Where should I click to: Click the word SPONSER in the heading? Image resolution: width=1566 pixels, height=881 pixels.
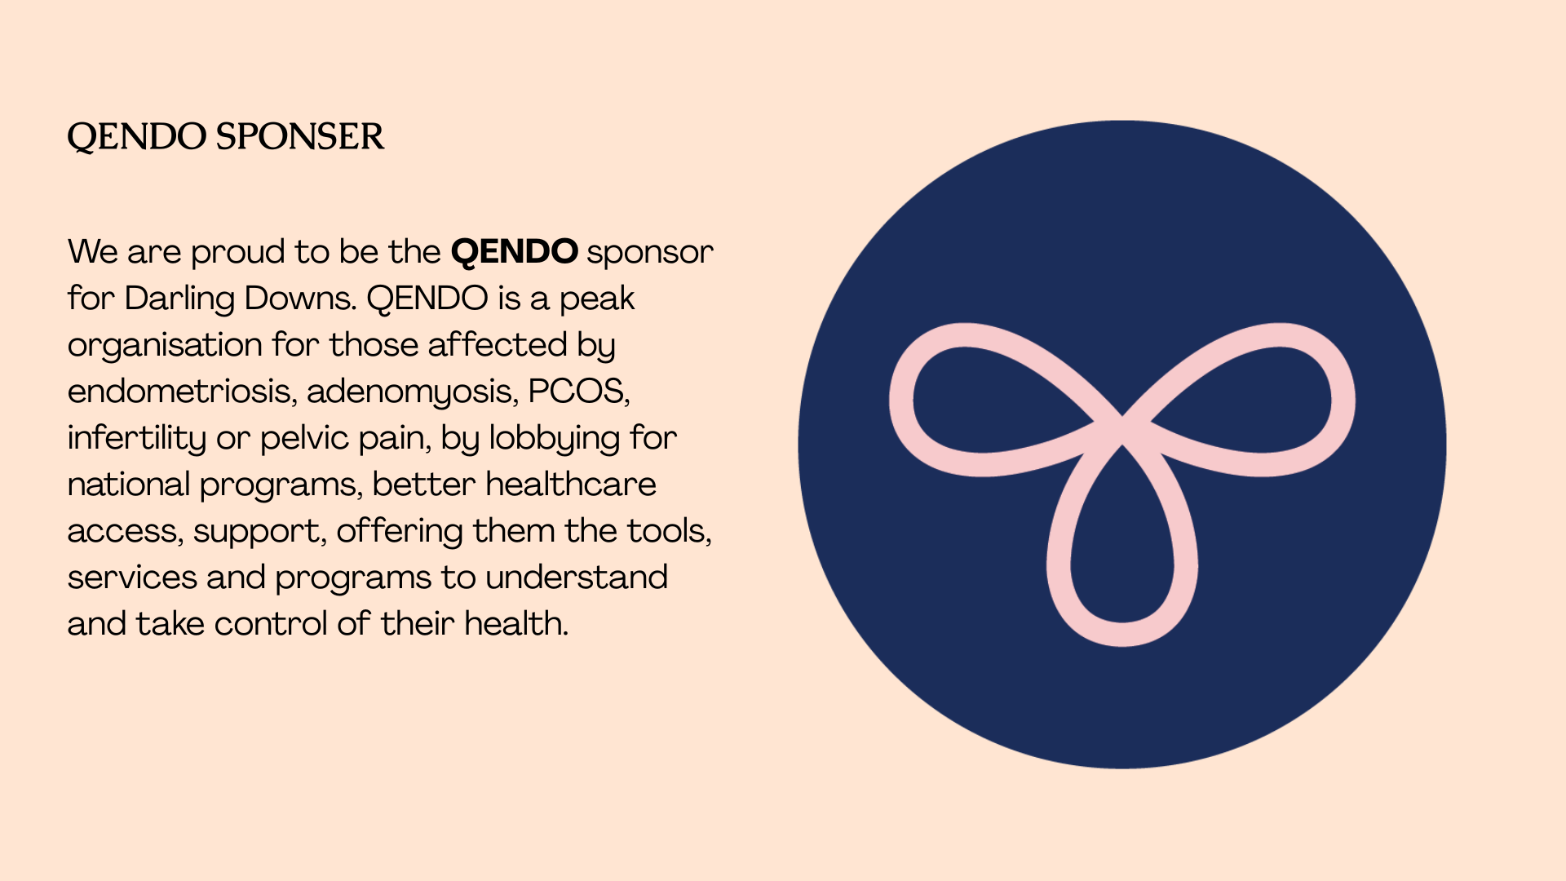(x=299, y=136)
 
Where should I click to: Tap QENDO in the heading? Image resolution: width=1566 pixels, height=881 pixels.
(x=136, y=138)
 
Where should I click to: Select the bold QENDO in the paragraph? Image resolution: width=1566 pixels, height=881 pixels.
(x=515, y=252)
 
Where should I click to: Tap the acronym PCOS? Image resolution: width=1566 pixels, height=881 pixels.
(x=578, y=392)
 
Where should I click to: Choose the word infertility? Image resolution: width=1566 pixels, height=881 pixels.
(x=137, y=439)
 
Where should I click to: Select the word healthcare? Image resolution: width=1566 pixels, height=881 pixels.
(x=571, y=485)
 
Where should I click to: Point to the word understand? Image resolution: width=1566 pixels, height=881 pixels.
(x=577, y=578)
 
